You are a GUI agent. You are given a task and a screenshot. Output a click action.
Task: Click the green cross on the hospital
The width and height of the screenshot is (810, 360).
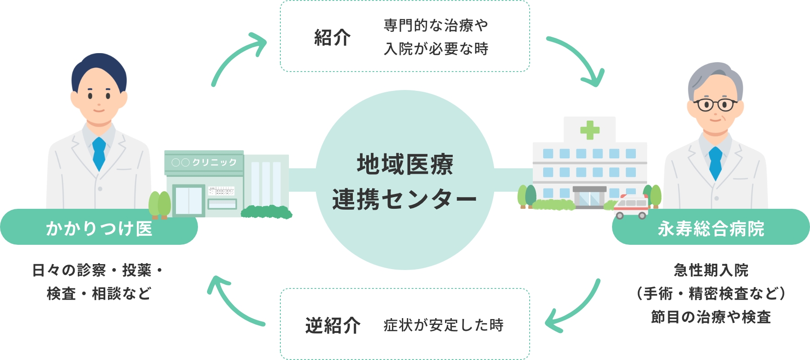pos(589,130)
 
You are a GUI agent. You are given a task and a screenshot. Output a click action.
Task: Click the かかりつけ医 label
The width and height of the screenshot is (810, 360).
pos(99,228)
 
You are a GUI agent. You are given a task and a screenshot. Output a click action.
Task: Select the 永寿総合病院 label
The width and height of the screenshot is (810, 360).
pos(711,228)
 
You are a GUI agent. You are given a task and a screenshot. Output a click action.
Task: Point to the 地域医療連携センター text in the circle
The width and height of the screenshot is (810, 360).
pos(405,181)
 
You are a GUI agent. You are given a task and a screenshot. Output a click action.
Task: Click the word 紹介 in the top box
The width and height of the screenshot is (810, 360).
pos(332,37)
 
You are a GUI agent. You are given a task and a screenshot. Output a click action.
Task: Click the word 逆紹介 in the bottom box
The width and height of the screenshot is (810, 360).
pos(333,325)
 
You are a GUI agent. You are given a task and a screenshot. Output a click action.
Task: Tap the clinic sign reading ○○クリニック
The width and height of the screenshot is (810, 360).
pos(204,162)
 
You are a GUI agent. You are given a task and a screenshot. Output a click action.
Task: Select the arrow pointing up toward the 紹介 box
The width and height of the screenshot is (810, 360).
pos(238,56)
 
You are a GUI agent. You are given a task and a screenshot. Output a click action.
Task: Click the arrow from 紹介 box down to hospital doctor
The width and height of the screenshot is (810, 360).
pos(578,58)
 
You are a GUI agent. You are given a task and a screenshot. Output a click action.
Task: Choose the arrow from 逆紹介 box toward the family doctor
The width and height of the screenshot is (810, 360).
pos(234,301)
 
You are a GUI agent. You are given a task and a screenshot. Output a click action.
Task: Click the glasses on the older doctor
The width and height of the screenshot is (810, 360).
pos(715,105)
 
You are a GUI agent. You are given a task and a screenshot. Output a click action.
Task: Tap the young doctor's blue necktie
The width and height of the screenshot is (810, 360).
pos(99,153)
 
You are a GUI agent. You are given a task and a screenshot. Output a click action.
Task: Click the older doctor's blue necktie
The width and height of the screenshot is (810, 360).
pos(715,163)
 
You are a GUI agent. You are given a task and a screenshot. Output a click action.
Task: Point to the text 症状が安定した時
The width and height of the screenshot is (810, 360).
pos(443,325)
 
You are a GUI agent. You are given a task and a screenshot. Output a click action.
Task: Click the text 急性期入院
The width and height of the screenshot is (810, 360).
pos(711,270)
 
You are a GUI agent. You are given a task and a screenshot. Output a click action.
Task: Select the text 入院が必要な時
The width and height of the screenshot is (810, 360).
pos(436,49)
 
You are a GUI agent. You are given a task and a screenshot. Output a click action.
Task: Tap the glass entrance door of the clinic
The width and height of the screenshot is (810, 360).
pos(189,200)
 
